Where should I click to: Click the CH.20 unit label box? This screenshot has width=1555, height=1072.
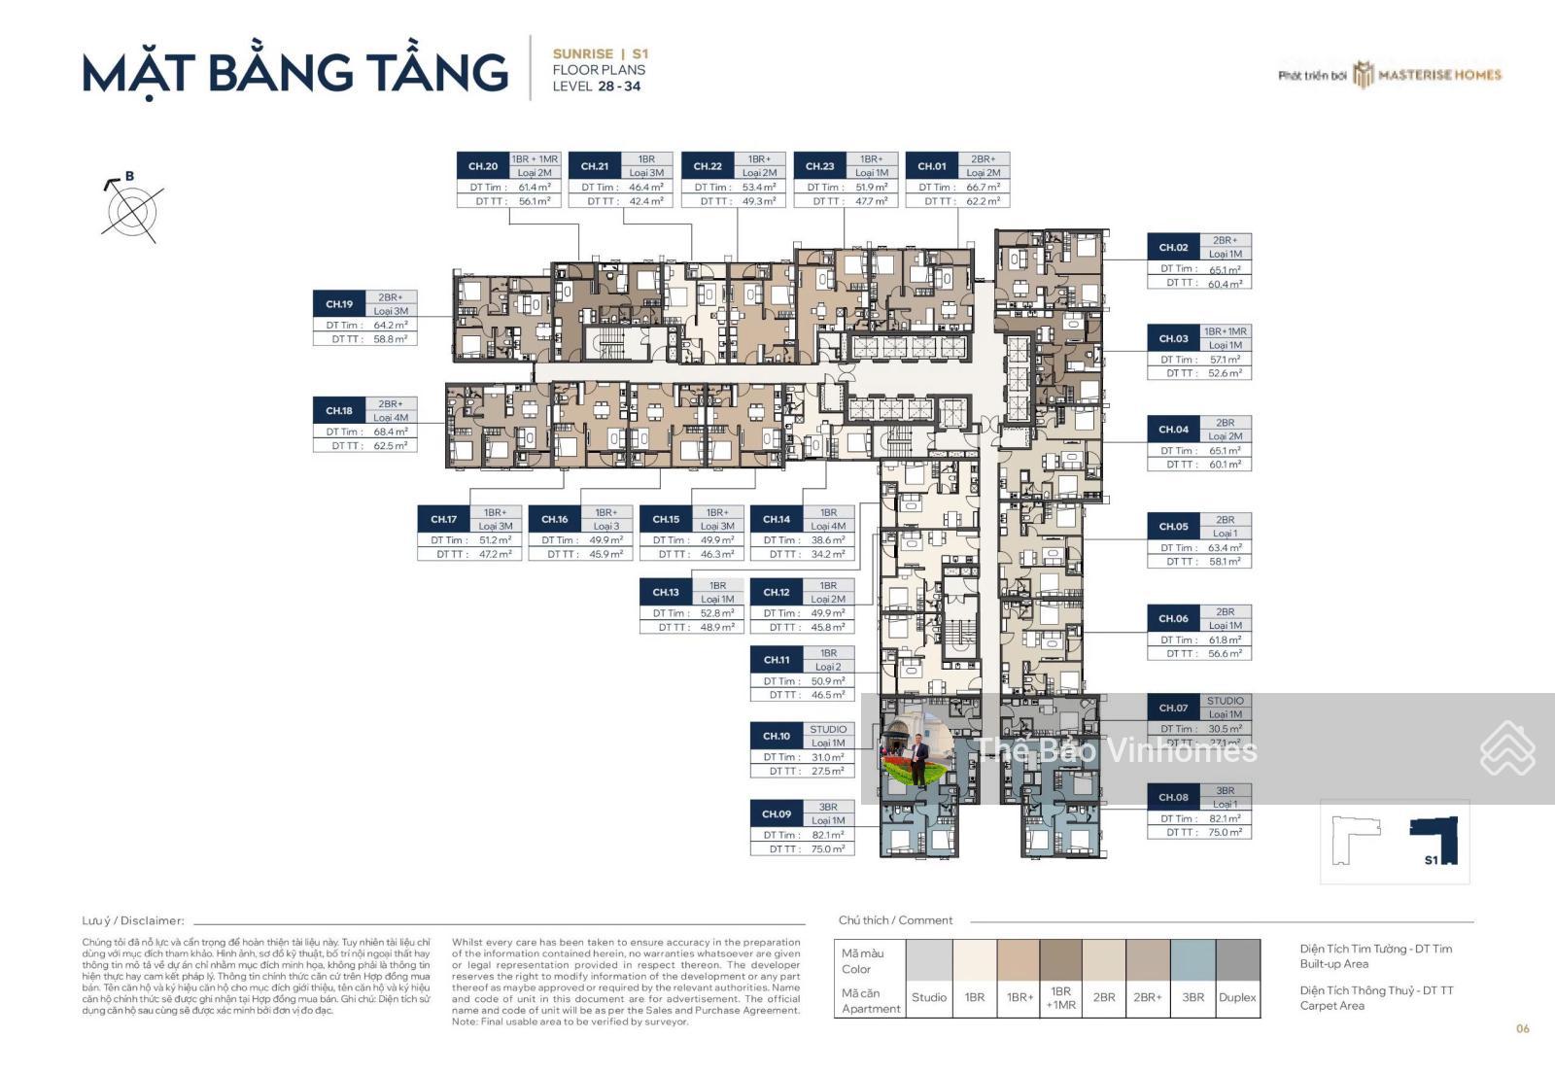tap(483, 166)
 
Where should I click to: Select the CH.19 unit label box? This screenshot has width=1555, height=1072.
tap(339, 304)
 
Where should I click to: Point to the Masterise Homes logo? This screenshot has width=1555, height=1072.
tap(1428, 75)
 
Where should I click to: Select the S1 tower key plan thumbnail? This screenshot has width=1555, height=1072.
tap(1394, 842)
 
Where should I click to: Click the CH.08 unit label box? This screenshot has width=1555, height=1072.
tap(1173, 797)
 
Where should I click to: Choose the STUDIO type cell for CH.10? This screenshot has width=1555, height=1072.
tap(828, 729)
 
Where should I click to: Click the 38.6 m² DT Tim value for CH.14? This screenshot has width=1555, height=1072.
tap(828, 540)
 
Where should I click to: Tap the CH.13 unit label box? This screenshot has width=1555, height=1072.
tap(666, 592)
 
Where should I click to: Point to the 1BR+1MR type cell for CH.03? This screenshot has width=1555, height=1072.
tap(1225, 331)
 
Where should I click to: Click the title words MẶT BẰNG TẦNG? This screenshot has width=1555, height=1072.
tap(295, 74)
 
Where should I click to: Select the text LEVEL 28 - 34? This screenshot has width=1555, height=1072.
tap(596, 86)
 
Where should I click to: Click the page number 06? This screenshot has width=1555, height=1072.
tap(1522, 1028)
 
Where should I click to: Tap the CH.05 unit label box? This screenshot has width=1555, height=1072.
tap(1173, 526)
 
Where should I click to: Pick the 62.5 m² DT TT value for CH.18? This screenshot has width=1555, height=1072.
tap(390, 446)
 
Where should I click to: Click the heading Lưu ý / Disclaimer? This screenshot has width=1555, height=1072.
tap(133, 920)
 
